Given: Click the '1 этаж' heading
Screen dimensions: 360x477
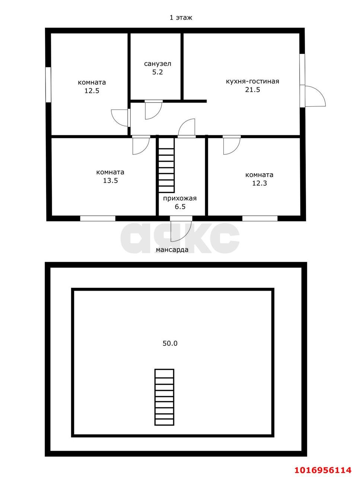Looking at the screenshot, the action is coord(181,18).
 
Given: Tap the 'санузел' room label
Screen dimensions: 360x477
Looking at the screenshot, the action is coord(157,64).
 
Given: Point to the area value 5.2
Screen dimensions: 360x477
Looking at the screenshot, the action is coord(157,72).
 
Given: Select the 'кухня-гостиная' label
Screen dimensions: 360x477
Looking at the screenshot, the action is coord(252,82).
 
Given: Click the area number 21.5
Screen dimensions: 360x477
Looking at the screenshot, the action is coord(252,89).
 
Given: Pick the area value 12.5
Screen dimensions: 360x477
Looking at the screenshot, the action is coord(92,91).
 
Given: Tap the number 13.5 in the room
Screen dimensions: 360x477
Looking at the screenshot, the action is coord(111,181).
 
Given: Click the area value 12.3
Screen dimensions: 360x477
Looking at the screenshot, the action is coord(259,183).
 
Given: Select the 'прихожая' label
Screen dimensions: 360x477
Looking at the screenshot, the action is coord(180,198).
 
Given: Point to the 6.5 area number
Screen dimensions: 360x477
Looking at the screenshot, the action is coord(180,207).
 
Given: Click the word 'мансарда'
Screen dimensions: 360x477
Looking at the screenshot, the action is coord(172,250).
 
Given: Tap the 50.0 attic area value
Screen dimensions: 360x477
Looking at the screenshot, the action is coord(170,343).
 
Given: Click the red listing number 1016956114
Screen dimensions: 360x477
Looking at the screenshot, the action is coord(323,468).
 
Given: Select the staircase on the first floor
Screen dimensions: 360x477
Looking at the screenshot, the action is coord(166,165).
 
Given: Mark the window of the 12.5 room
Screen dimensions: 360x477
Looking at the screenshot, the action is coord(48,85).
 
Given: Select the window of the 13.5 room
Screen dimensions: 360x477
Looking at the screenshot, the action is coord(98,218).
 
